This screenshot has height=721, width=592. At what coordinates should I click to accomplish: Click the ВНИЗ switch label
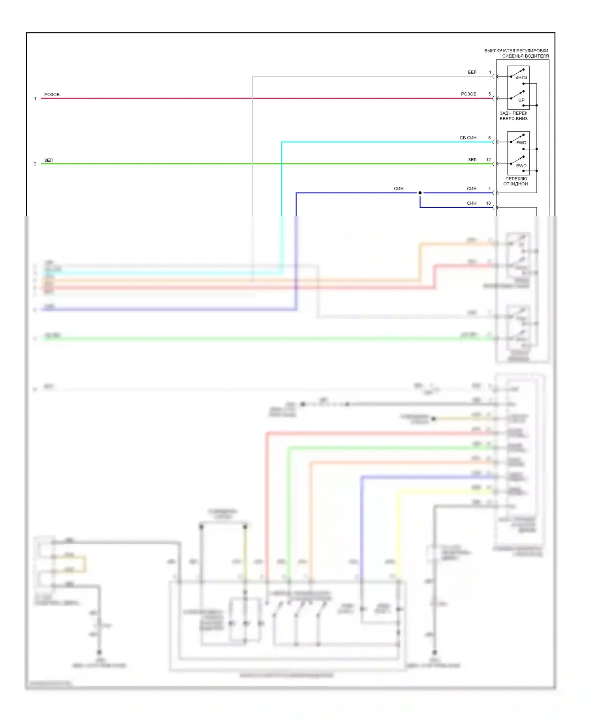(521, 77)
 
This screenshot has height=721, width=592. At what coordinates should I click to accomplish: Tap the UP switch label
(521, 100)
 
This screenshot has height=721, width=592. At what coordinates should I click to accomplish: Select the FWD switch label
(521, 143)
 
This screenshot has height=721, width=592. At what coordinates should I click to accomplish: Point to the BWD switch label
(521, 166)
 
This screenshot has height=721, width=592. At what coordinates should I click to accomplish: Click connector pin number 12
(489, 160)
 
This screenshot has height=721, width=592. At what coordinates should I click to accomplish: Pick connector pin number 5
(489, 94)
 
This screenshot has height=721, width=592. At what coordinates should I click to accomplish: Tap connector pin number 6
(489, 138)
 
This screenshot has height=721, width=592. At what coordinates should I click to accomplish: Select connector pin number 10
(489, 203)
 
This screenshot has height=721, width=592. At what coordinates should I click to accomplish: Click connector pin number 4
(489, 189)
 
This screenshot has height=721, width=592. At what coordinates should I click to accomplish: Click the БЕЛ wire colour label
(472, 72)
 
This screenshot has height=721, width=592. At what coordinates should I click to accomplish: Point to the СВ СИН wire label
(468, 138)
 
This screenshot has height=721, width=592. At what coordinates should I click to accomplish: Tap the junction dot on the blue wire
(420, 193)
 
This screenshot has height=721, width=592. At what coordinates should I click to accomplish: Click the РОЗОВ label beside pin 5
(468, 94)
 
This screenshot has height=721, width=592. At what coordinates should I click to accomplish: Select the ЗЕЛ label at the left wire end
(49, 160)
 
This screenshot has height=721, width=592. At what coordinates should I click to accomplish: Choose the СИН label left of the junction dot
(399, 189)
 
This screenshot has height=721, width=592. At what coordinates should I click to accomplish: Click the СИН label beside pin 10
(472, 203)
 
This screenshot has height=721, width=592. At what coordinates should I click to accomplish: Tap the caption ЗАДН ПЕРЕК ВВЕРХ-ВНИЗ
(513, 116)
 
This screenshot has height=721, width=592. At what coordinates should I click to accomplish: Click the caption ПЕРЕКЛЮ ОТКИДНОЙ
(516, 181)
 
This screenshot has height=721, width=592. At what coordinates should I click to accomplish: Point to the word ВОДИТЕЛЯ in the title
(536, 56)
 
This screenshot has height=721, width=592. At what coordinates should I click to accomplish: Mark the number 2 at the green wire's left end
(35, 164)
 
